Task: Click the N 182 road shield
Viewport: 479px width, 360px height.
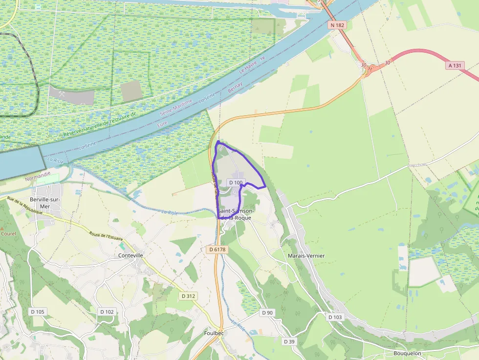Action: point(337,25)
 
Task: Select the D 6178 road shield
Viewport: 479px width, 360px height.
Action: point(218,250)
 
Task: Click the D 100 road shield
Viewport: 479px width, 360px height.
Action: point(236,183)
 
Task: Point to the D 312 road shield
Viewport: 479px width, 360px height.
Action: point(188,296)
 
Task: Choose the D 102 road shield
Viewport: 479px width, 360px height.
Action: point(107,312)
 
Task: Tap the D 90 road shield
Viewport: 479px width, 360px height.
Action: point(267,313)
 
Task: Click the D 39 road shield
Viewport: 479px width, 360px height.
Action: point(289,341)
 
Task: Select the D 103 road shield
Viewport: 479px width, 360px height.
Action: point(335,317)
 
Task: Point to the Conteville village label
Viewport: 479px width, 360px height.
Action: point(131,255)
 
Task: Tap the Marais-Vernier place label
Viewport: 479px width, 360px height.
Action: point(306,255)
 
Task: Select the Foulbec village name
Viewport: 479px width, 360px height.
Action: point(214,333)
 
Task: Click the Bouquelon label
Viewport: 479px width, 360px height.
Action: point(407,353)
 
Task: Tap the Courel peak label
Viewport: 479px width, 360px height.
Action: point(8,233)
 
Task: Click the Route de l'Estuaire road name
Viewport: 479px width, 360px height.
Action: point(106,235)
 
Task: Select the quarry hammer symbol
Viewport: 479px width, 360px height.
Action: point(62,93)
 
